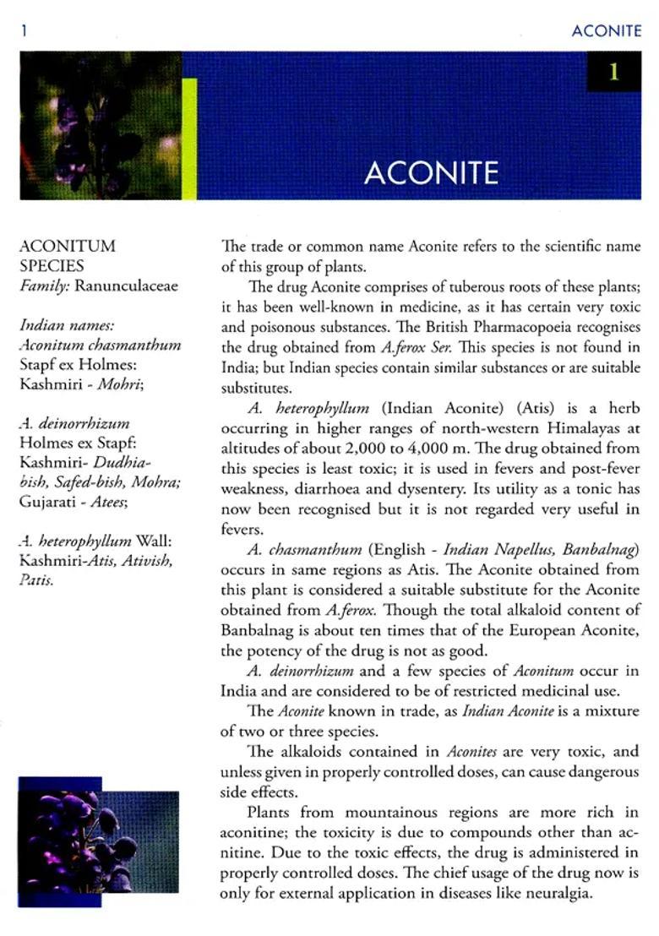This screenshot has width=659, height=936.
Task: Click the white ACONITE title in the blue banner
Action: point(431,172)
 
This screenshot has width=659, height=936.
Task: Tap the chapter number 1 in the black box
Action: point(613,73)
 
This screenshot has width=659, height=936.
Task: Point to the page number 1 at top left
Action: point(25,31)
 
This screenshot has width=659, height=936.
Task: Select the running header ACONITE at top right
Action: point(606,31)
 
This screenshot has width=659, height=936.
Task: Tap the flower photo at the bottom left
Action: point(99,842)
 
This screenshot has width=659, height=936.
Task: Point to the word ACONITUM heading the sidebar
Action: point(68,246)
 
